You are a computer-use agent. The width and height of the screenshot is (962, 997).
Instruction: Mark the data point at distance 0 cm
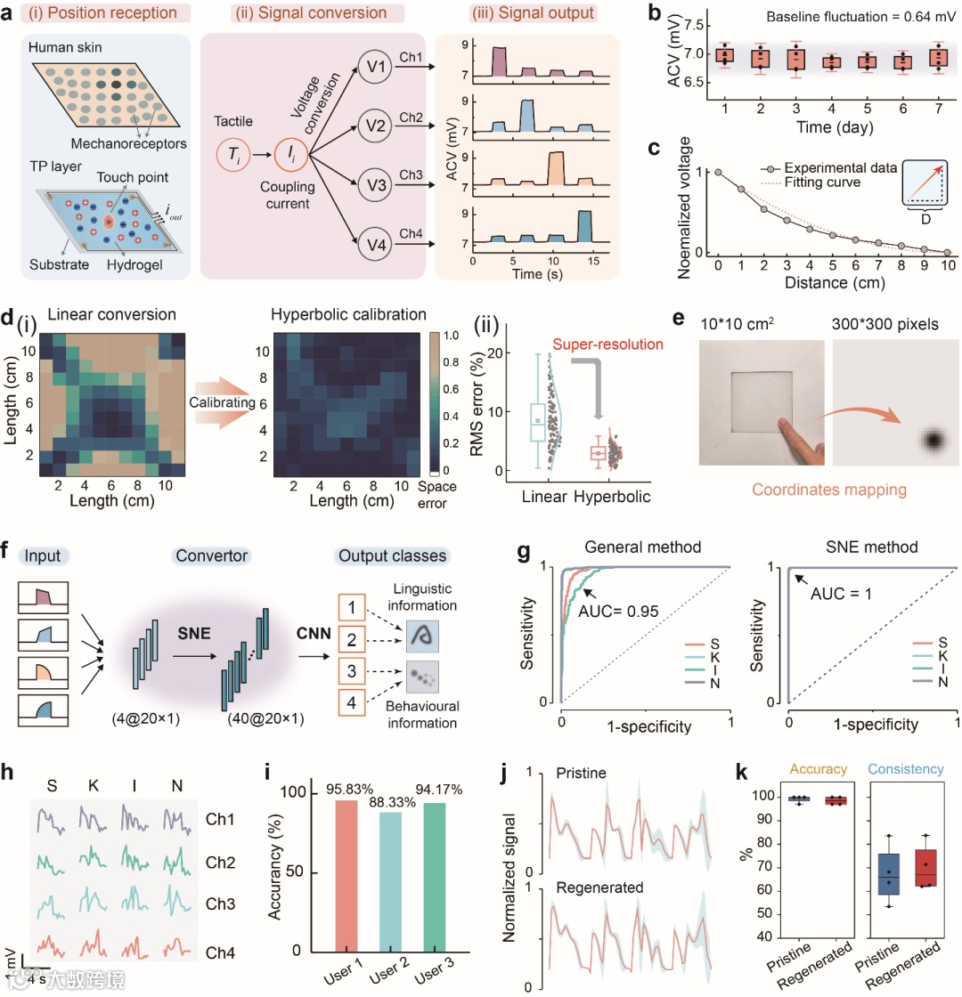[718, 173]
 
